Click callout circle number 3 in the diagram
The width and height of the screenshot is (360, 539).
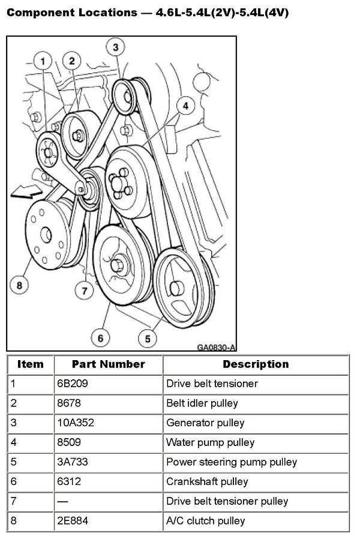coord(116,46)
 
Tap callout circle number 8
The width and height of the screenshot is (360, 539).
coord(19,285)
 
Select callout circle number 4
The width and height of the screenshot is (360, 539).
coord(185,106)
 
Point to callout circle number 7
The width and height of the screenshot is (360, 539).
coord(85,291)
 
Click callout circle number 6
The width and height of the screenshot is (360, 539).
coord(100,339)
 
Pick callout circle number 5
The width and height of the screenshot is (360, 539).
coord(147,339)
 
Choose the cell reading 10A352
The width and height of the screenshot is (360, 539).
coord(76,423)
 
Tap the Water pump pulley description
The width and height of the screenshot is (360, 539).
coord(210,442)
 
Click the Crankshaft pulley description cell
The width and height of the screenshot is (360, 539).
coord(207,481)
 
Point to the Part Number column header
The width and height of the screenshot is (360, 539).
coord(108,364)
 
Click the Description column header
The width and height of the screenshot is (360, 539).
coord(256,364)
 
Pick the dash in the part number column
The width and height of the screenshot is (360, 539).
coord(63,501)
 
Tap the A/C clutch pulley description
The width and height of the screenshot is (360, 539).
coord(206,521)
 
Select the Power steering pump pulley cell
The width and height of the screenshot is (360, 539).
coord(231,462)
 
